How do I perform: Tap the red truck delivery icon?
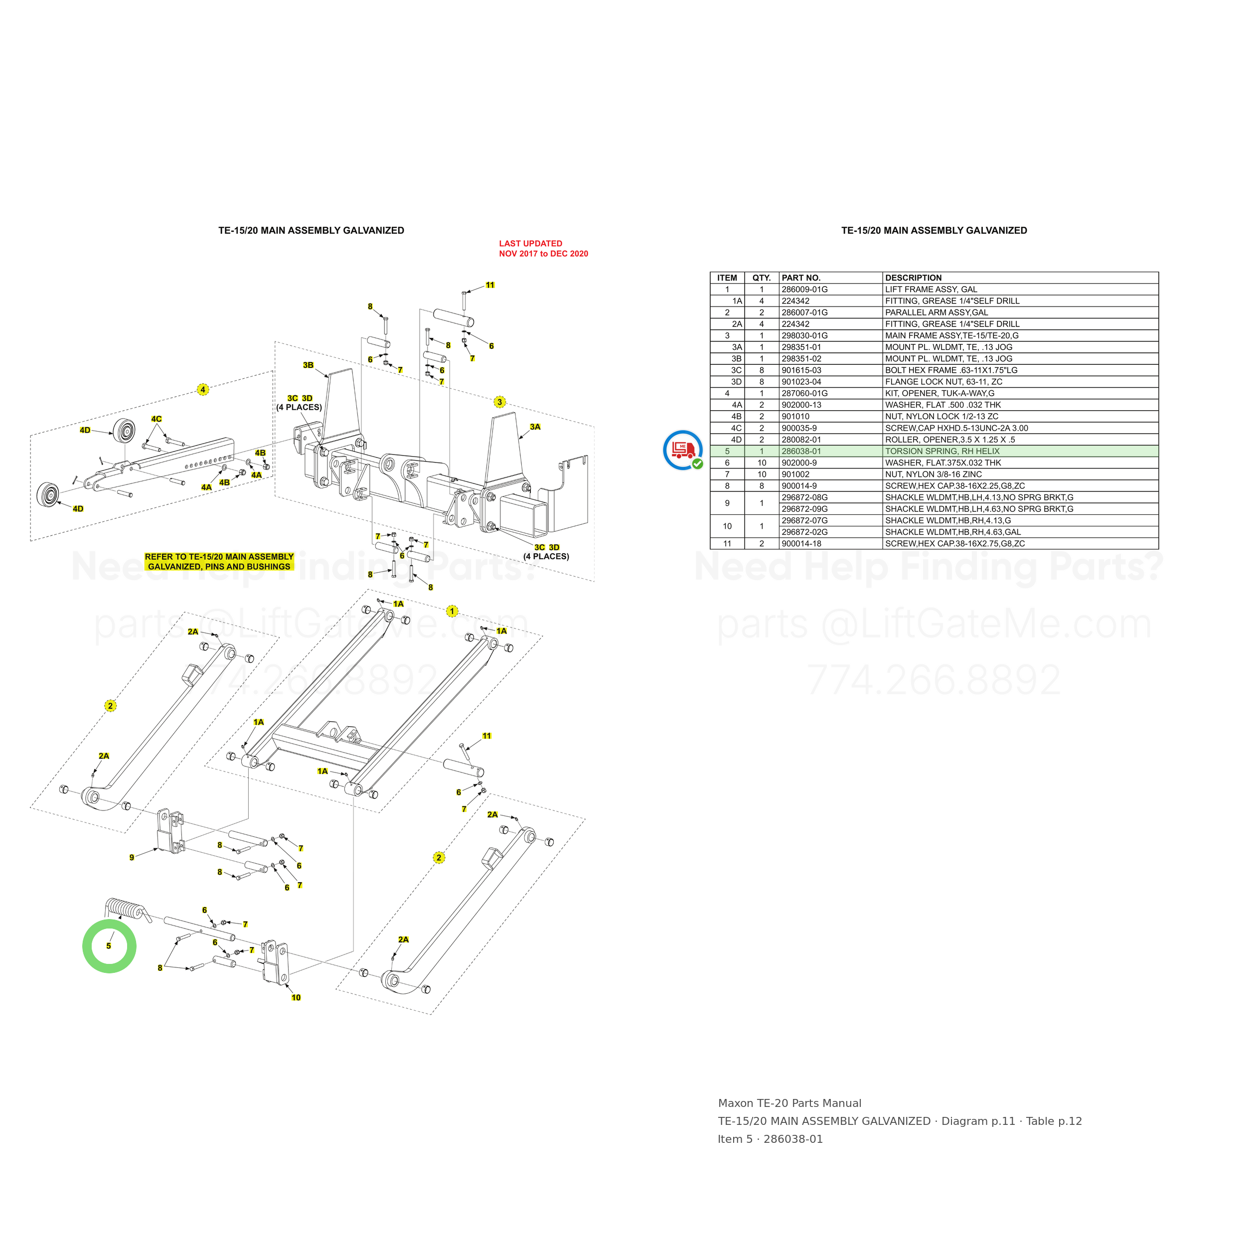pyautogui.click(x=683, y=450)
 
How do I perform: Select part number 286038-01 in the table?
pyautogui.click(x=801, y=452)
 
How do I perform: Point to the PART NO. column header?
pyautogui.click(x=801, y=278)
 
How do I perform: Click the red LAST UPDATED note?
pyautogui.click(x=543, y=248)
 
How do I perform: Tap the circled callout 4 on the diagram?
pyautogui.click(x=203, y=390)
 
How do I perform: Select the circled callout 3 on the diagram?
pyautogui.click(x=500, y=402)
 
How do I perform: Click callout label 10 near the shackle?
pyautogui.click(x=296, y=998)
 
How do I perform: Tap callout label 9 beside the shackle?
pyautogui.click(x=132, y=858)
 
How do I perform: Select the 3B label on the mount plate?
pyautogui.click(x=309, y=365)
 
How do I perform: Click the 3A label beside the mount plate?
pyautogui.click(x=535, y=427)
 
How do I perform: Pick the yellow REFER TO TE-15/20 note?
pyautogui.click(x=219, y=562)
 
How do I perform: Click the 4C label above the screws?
pyautogui.click(x=156, y=419)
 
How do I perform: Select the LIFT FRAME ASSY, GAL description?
pyautogui.click(x=932, y=290)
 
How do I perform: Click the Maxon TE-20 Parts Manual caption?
pyautogui.click(x=789, y=1103)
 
